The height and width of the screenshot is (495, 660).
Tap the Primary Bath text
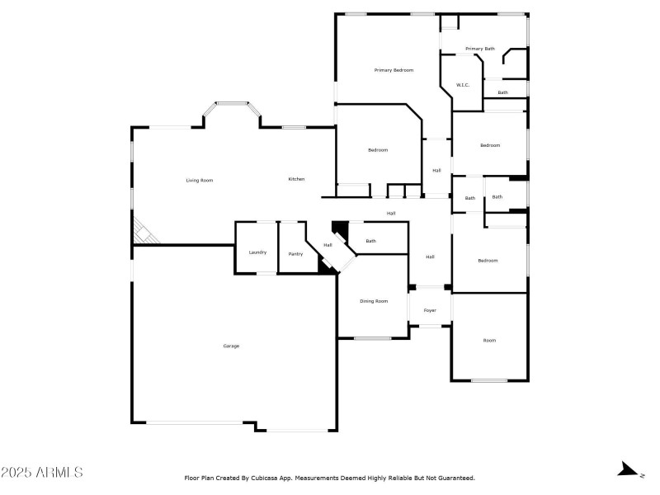click(x=479, y=49)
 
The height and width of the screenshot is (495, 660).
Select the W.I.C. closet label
click(x=463, y=85)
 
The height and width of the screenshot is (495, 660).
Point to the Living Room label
click(x=200, y=180)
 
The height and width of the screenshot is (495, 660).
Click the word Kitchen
click(x=296, y=179)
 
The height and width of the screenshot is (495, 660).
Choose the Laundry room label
click(x=257, y=252)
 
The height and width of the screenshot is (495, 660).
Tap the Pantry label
click(x=295, y=254)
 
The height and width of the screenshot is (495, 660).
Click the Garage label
click(x=231, y=346)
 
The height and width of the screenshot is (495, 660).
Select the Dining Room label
click(x=374, y=301)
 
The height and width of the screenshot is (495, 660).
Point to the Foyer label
click(x=430, y=310)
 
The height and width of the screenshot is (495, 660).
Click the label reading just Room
click(x=489, y=340)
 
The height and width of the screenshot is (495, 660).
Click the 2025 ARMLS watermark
click(x=41, y=473)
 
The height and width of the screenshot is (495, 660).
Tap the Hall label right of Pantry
click(x=328, y=245)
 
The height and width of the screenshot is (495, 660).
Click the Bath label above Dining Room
click(x=371, y=241)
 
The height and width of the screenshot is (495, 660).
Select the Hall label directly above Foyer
click(x=430, y=257)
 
